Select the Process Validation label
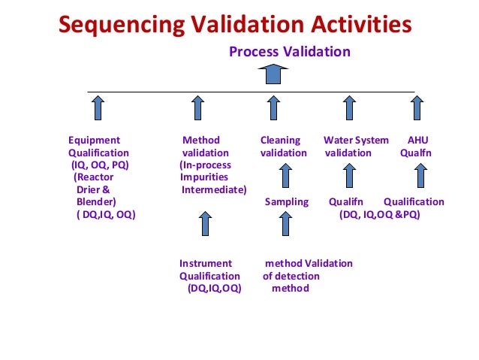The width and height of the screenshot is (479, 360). coord(290,52)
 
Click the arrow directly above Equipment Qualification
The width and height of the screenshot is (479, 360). coord(98,107)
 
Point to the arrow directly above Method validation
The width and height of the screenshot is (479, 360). coord(197,107)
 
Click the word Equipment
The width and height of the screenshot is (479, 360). coord(94,140)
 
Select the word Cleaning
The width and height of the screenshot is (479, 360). coord(280,140)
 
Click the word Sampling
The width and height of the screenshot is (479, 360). coord(287,201)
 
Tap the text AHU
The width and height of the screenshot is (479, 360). coord(418,140)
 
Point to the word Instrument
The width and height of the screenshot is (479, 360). coord(206,263)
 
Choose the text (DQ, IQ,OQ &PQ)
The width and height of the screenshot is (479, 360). coord(379,214)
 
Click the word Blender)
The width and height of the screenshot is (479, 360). coord(96,202)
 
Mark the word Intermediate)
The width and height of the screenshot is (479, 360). coord(214,189)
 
